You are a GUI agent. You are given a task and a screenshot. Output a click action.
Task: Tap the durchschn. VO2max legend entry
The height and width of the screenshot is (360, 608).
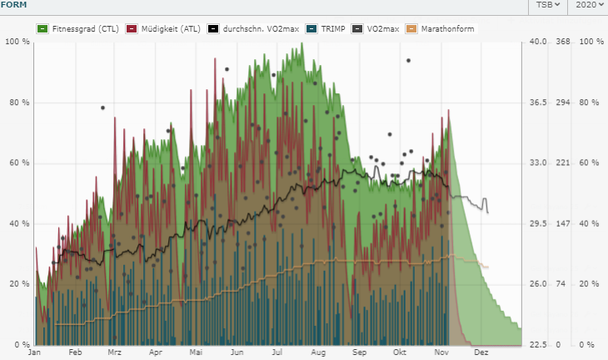click(x=254, y=28)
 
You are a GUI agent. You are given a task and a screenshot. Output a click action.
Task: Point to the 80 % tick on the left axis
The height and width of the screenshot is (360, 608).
click(x=19, y=102)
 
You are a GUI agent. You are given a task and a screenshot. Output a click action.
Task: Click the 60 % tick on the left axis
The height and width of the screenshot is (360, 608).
click(x=19, y=163)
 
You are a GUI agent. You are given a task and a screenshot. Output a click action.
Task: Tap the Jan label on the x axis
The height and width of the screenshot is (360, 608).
click(x=34, y=352)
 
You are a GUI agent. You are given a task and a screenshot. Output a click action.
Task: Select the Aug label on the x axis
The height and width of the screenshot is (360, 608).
click(x=317, y=352)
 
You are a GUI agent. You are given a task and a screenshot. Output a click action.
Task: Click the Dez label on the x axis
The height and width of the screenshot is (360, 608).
click(x=481, y=352)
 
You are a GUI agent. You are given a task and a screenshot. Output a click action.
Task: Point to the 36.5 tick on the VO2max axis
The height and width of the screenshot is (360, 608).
click(x=541, y=102)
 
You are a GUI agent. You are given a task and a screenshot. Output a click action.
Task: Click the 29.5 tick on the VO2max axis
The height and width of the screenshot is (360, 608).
click(x=541, y=224)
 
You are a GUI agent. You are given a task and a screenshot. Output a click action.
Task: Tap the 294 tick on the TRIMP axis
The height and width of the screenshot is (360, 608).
click(x=564, y=102)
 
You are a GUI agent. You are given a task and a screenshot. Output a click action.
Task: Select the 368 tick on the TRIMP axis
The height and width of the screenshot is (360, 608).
click(x=564, y=42)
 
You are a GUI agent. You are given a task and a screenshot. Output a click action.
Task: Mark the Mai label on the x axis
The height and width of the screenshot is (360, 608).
click(x=197, y=352)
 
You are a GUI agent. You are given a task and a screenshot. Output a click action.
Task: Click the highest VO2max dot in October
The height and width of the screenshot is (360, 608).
click(x=408, y=60)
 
